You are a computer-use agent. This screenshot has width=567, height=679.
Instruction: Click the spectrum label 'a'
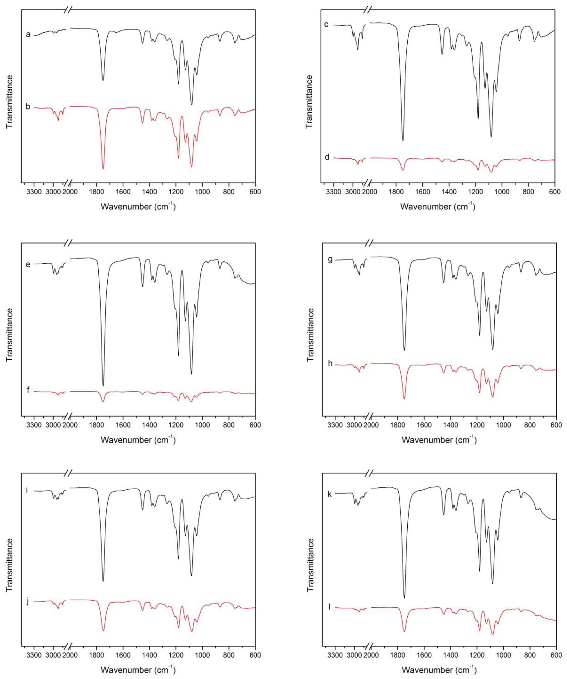click(28, 34)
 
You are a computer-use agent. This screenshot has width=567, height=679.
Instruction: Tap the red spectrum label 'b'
click(28, 106)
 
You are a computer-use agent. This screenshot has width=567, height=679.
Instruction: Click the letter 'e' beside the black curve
click(28, 264)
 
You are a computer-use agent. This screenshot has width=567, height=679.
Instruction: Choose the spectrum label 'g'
click(330, 260)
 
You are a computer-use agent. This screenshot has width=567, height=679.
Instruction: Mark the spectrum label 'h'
click(330, 363)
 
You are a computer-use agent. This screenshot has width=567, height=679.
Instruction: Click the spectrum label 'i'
click(27, 490)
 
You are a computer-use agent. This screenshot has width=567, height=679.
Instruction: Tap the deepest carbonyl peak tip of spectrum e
click(103, 386)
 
